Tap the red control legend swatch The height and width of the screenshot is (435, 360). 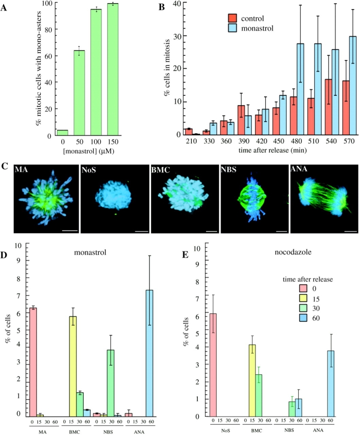click(233, 19)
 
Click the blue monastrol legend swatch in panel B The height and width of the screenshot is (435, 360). click(233, 28)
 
